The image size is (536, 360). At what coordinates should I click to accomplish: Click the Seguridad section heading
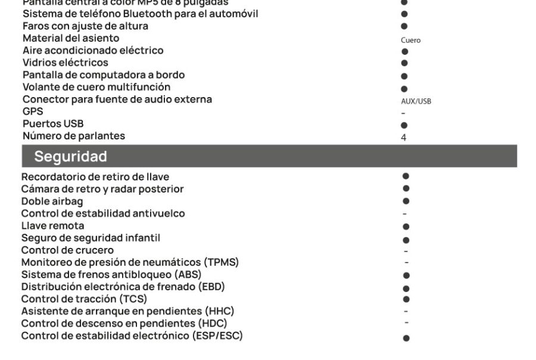[70, 157]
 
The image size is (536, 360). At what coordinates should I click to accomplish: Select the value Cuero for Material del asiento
[410, 41]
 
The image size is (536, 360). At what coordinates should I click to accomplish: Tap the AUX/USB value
[416, 101]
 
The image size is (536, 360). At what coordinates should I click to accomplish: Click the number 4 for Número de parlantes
[404, 138]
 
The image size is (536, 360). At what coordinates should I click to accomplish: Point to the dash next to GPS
[403, 113]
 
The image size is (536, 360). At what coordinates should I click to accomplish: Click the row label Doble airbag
[52, 201]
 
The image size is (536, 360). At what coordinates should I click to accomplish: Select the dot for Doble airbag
[406, 201]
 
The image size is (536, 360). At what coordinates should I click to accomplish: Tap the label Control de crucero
[67, 250]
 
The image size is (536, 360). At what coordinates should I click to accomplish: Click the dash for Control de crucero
[406, 250]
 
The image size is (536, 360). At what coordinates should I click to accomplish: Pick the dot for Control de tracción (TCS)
[406, 299]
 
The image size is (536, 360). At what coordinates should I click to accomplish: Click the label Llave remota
[52, 226]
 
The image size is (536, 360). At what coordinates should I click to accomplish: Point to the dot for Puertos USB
[404, 126]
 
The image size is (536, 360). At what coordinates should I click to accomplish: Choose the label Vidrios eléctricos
[66, 63]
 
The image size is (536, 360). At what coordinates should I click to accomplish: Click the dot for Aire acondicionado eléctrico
[404, 52]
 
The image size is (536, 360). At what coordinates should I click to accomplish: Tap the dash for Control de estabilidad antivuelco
[405, 214]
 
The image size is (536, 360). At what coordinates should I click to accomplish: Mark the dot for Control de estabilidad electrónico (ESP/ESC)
[406, 338]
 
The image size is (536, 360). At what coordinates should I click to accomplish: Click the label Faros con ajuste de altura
[85, 26]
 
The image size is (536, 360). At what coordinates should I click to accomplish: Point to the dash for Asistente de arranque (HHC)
[406, 311]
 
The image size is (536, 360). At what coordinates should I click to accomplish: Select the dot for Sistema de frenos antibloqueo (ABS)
[406, 275]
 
